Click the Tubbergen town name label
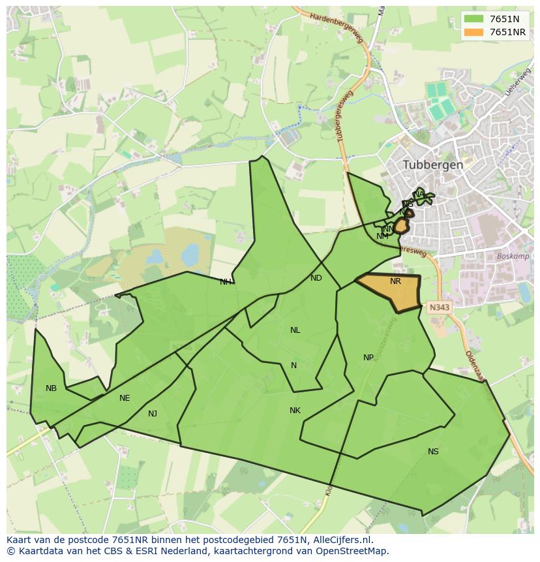433,164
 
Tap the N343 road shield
440,306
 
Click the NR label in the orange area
395,281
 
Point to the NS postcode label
433,451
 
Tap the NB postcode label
51,388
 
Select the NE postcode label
125,398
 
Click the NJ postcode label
153,413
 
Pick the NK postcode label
295,410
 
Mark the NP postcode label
368,357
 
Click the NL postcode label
295,330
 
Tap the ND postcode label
316,278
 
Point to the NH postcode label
225,282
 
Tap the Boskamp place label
509,257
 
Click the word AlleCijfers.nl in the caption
340,540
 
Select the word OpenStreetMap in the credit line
355,551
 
